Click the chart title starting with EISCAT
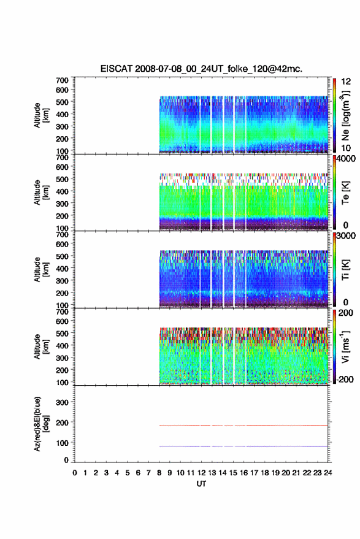(x=201, y=69)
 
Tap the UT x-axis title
(x=201, y=484)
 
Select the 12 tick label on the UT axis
(x=202, y=473)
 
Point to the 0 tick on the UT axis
(x=75, y=473)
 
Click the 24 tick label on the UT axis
(x=327, y=473)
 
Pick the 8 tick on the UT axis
(x=159, y=473)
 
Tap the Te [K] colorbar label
(x=345, y=193)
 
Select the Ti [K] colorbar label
(x=345, y=270)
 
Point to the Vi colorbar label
(x=345, y=346)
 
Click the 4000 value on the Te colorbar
(x=345, y=159)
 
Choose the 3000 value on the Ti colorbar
(x=345, y=236)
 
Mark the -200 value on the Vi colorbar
(x=345, y=380)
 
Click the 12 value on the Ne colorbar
(x=346, y=82)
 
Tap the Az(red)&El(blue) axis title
(x=42, y=424)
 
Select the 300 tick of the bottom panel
(x=62, y=402)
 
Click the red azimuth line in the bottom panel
(x=243, y=426)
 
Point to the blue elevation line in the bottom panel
(x=243, y=446)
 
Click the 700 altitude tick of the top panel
(x=62, y=80)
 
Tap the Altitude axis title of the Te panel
(x=42, y=193)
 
